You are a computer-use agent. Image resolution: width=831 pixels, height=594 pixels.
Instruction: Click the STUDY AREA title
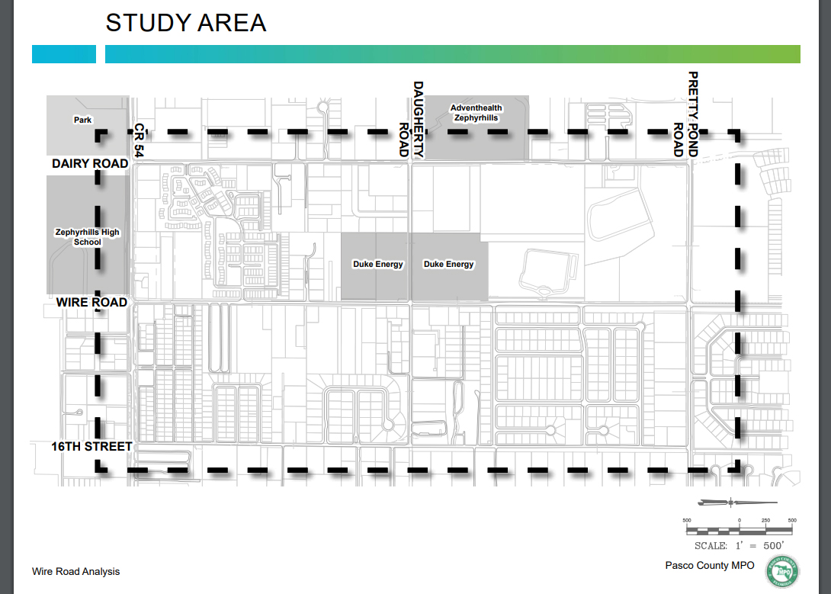click(186, 23)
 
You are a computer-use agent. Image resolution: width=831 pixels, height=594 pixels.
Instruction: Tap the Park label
click(82, 120)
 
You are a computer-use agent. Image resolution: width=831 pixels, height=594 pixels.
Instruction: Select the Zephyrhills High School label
click(87, 237)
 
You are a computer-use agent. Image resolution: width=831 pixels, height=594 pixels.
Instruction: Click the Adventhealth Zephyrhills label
click(476, 113)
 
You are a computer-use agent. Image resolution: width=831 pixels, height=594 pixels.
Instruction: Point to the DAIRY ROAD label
click(90, 164)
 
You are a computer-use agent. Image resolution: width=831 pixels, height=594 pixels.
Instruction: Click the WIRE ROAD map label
click(91, 303)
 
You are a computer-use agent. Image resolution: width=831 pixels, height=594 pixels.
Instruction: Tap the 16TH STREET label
click(91, 446)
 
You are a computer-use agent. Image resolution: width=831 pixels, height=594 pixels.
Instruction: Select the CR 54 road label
click(138, 141)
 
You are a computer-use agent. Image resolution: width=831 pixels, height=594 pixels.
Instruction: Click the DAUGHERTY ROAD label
click(411, 119)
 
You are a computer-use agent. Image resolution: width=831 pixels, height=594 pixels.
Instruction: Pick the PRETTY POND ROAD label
click(685, 114)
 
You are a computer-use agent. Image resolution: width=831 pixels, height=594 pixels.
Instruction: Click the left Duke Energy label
click(377, 265)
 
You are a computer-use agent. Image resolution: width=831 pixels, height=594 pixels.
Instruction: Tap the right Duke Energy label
click(448, 265)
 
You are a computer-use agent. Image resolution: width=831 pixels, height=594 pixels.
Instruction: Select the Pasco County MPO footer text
click(709, 566)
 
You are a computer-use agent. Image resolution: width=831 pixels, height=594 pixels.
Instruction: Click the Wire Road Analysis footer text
click(75, 571)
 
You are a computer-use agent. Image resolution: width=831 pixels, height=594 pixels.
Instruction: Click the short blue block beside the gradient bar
click(63, 54)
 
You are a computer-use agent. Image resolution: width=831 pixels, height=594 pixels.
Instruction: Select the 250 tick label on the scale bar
click(765, 520)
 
